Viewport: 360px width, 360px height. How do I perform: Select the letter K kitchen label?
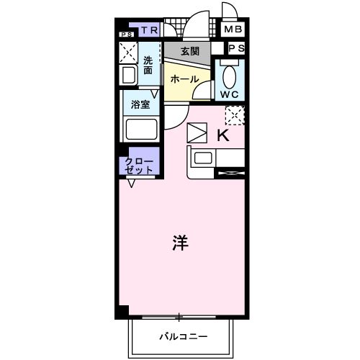222,135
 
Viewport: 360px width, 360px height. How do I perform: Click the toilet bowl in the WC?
230,75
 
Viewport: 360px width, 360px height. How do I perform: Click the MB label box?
233,30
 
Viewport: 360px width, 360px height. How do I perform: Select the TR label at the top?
149,30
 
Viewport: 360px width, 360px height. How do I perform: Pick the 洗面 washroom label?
148,66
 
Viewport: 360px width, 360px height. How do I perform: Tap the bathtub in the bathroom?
140,130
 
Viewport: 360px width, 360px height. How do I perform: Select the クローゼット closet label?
138,165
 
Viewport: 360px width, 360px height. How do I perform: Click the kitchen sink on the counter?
201,158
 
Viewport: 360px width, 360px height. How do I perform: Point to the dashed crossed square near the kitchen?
235,114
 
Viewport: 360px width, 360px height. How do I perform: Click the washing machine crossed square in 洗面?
130,53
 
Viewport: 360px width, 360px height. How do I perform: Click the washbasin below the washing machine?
129,75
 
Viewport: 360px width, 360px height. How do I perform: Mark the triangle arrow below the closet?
132,184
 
